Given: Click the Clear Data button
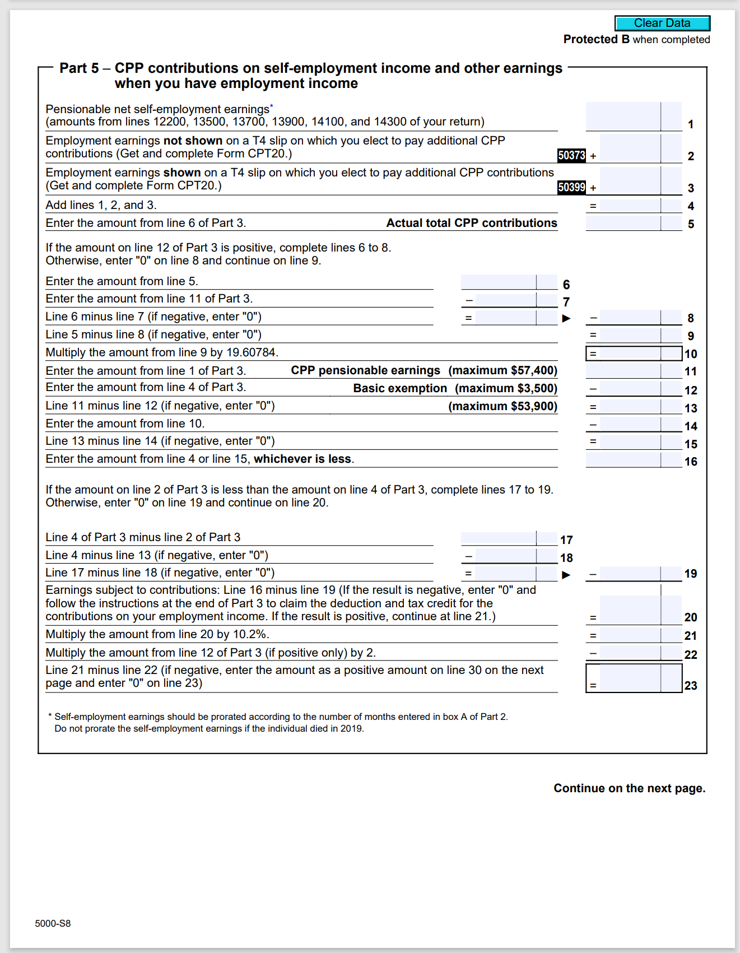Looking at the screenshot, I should (x=662, y=23).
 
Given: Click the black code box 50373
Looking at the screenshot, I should (x=571, y=155).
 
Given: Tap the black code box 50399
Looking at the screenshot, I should (x=571, y=187).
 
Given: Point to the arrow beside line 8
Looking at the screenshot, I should (x=566, y=318).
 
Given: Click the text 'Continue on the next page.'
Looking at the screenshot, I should (x=629, y=788).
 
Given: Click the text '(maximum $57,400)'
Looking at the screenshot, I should (x=502, y=370).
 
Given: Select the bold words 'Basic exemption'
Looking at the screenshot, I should (x=400, y=388).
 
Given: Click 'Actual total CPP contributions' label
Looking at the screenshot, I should (x=471, y=223).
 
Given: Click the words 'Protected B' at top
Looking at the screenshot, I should (x=596, y=39).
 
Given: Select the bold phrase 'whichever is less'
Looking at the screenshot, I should (x=302, y=459).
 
